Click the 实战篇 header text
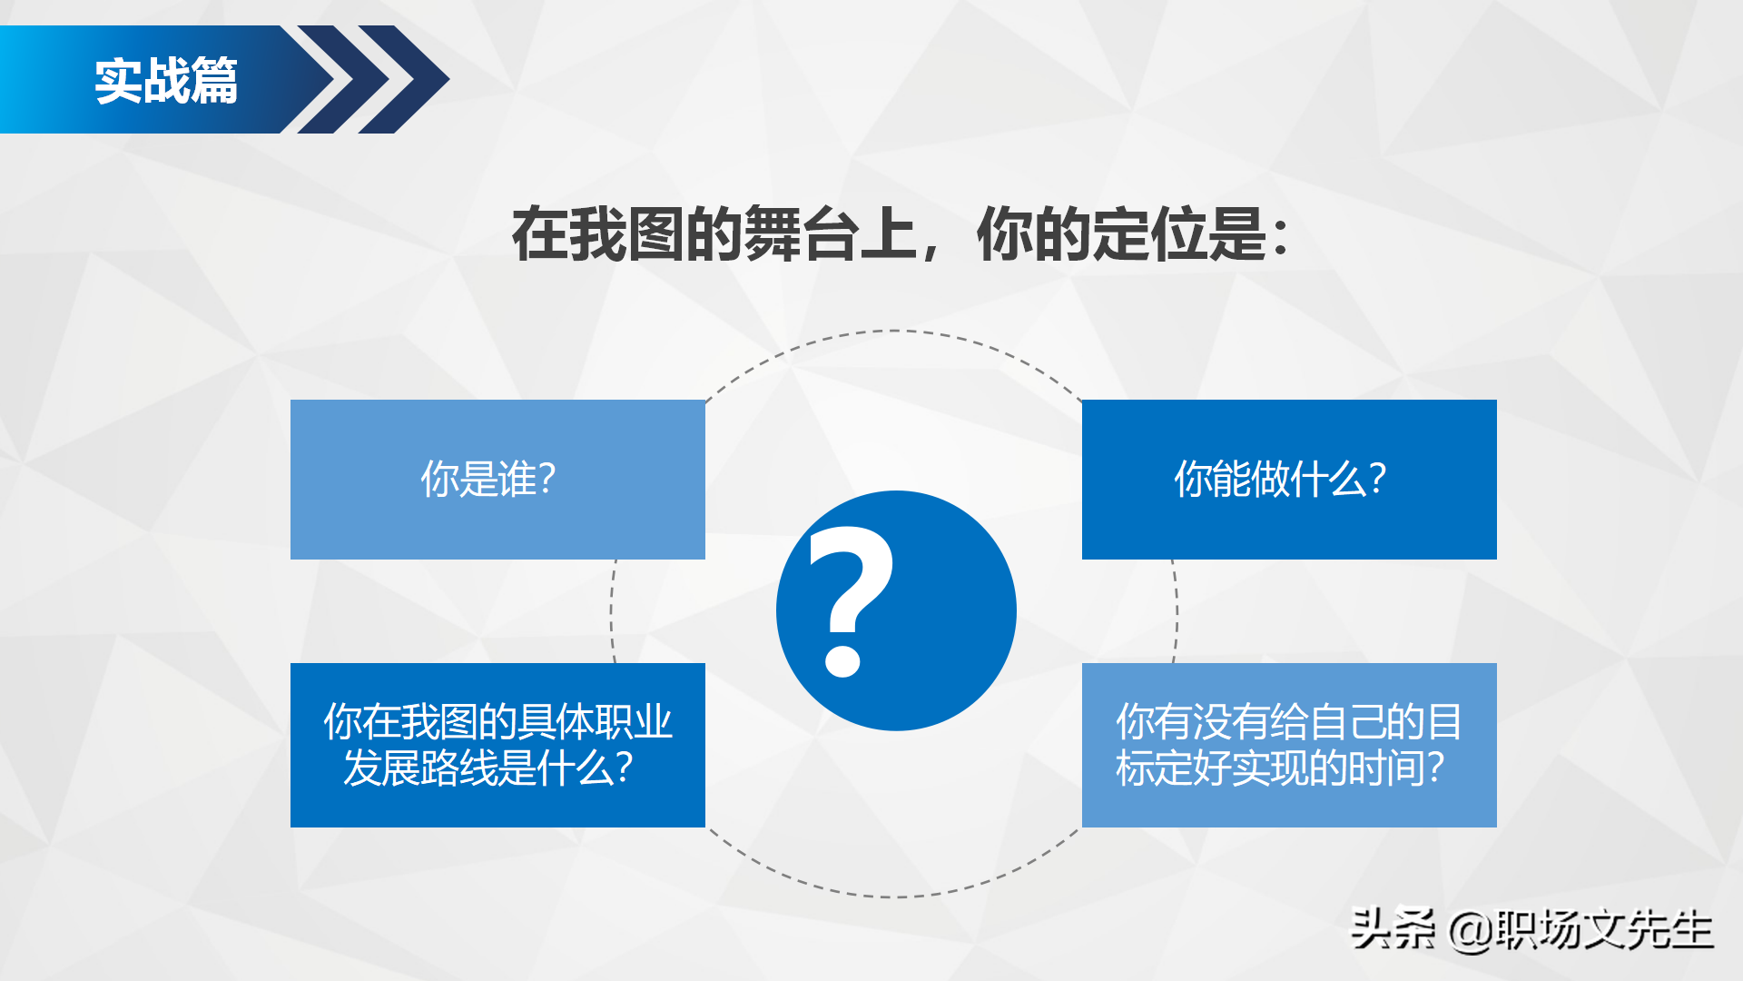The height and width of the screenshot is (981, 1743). [166, 81]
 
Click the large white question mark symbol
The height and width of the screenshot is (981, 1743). [849, 599]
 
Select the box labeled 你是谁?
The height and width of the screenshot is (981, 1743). [497, 479]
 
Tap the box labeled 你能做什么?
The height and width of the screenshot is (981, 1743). [1289, 479]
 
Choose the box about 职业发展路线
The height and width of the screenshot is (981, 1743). [497, 745]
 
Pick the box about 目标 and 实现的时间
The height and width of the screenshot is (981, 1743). [1289, 745]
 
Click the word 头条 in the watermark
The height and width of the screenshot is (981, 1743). [1393, 929]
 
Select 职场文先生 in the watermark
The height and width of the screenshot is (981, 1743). [1604, 929]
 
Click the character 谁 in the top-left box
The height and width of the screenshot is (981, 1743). [517, 479]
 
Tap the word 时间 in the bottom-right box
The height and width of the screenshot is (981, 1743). [1385, 768]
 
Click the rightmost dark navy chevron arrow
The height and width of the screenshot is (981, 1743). [409, 80]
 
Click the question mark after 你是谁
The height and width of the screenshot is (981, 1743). [547, 479]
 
